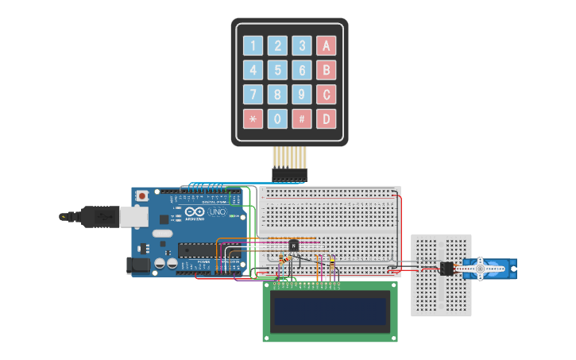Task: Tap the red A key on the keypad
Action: [x=325, y=46]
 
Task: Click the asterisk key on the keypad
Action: [x=253, y=118]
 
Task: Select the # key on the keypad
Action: [x=301, y=118]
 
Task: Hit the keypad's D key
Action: [x=325, y=118]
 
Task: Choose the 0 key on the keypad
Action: [x=277, y=118]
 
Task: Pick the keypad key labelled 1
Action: [x=253, y=46]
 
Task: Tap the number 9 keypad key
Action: [x=301, y=95]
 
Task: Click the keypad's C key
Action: [x=325, y=95]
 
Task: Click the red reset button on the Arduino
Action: [x=142, y=195]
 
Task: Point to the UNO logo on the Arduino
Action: [x=215, y=212]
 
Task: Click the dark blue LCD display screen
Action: [x=331, y=311]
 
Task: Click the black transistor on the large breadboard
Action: [x=294, y=246]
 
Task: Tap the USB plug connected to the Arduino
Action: [x=99, y=215]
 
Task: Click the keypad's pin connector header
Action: [x=289, y=173]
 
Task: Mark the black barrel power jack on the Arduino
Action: [x=138, y=265]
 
